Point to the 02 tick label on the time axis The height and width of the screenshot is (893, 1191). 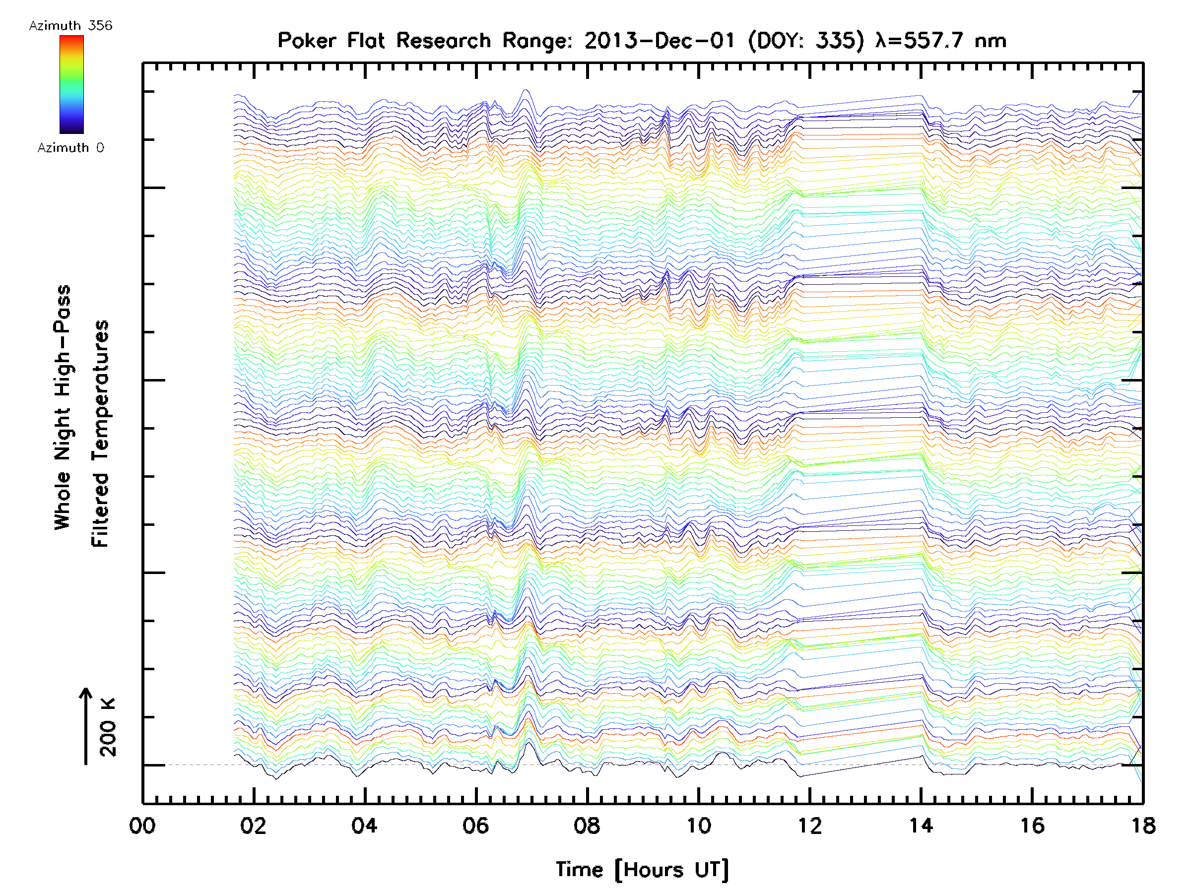253,826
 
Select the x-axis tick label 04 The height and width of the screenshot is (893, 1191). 365,826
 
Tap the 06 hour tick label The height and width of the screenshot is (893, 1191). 475,826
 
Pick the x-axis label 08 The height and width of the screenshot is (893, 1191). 587,826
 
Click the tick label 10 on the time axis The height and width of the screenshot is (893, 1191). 698,826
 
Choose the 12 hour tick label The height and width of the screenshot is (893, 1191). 810,826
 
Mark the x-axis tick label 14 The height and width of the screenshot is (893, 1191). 921,826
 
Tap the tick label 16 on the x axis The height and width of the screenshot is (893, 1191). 1032,826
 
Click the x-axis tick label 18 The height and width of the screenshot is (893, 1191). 1143,826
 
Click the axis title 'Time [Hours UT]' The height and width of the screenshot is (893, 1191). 642,870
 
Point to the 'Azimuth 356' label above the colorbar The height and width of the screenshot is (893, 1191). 70,26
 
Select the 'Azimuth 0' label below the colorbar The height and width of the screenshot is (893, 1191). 70,148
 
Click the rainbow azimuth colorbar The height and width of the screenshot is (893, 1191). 71,84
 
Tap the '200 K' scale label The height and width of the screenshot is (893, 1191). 108,727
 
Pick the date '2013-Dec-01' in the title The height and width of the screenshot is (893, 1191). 660,41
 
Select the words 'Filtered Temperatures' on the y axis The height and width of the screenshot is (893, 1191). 100,433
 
